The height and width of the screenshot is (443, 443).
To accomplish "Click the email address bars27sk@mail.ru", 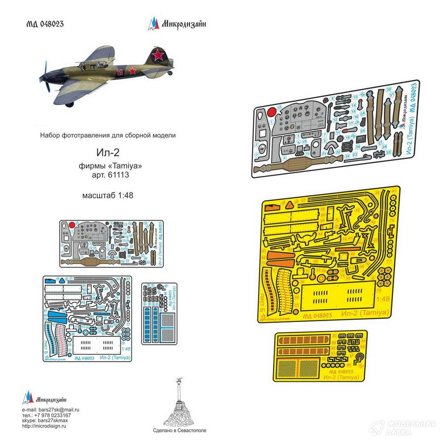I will pos(59,411).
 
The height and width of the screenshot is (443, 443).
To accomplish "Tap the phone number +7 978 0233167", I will pos(55,416).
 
